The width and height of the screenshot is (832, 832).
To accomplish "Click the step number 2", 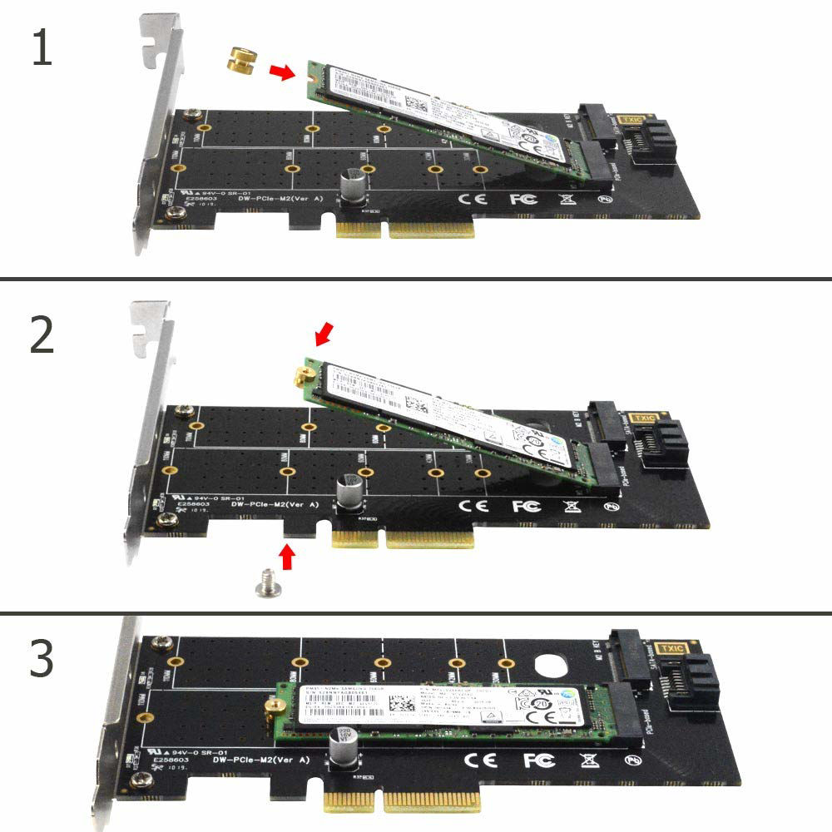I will coord(42,334).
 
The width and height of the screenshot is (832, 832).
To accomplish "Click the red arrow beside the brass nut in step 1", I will coord(284,72).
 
